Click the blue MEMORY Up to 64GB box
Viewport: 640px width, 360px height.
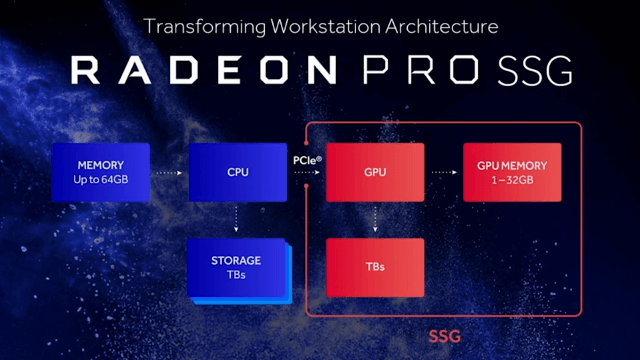click(x=101, y=172)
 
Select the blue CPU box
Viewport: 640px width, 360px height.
click(x=238, y=172)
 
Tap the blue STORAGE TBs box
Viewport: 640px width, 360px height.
click(x=237, y=267)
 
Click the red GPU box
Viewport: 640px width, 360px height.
click(x=375, y=172)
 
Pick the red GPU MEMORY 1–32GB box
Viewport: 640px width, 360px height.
click(x=512, y=172)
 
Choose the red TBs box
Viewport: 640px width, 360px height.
click(x=375, y=267)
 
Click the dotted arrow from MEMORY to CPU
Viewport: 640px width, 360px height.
click(x=169, y=173)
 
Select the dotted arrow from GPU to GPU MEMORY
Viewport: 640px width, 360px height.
click(x=443, y=173)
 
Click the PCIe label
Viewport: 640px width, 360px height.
click(x=307, y=159)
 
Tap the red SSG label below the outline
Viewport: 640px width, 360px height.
click(x=444, y=337)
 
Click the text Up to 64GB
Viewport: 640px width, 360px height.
click(x=101, y=179)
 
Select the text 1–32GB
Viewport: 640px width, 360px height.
click(x=512, y=179)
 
